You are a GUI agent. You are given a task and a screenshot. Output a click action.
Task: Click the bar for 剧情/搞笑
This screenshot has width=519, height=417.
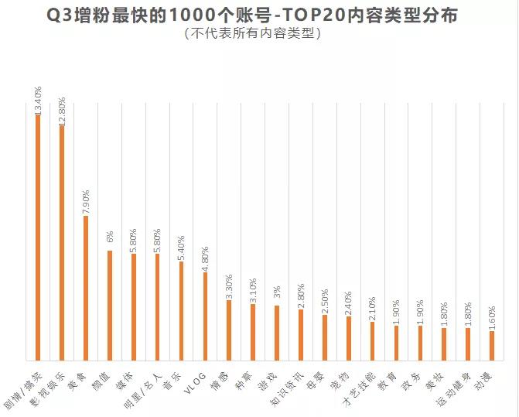coord(38,238)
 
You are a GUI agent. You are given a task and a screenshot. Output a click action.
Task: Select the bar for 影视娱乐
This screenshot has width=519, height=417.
coord(62,243)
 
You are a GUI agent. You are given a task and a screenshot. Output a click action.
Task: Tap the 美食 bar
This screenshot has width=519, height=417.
coord(86,289)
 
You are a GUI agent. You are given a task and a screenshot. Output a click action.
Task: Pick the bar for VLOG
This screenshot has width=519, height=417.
coord(205,316)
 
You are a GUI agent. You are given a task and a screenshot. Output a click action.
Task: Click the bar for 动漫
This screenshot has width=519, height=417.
coord(492,346)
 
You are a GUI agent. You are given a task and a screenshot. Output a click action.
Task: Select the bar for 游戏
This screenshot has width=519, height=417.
coord(277,333)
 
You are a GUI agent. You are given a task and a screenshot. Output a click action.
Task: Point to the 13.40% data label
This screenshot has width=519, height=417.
coord(38,101)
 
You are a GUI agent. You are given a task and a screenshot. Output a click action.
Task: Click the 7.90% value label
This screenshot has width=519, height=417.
coord(85,202)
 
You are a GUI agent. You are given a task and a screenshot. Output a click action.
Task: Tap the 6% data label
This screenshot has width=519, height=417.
coord(110,237)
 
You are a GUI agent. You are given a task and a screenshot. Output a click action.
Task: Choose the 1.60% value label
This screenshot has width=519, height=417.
coord(492,319)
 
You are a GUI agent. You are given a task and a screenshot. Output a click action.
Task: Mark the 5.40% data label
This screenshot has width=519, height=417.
coord(181,248)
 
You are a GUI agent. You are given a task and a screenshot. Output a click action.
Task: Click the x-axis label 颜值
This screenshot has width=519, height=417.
coord(101,381)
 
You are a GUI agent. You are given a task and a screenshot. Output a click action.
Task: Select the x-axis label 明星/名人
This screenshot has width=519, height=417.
coord(143,390)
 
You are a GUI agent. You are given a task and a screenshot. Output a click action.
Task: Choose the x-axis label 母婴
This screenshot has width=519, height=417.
coord(317,381)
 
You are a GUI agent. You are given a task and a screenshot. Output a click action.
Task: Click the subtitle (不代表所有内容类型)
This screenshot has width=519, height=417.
coord(253,33)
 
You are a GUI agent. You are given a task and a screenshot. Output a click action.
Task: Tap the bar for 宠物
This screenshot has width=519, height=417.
coord(349,339)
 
